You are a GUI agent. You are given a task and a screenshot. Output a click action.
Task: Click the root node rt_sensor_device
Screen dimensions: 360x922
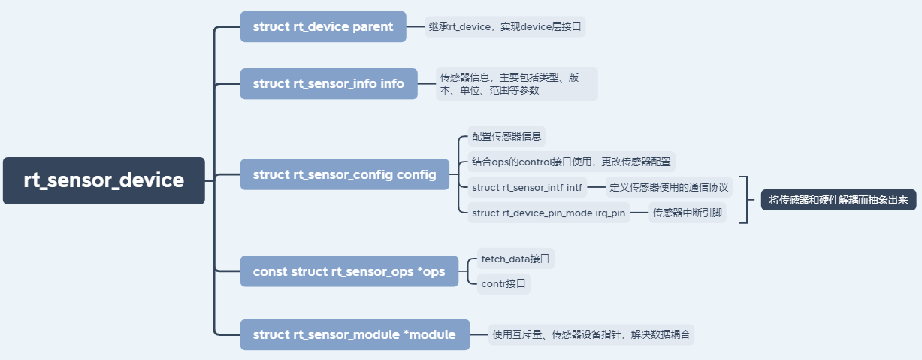pyautogui.click(x=104, y=180)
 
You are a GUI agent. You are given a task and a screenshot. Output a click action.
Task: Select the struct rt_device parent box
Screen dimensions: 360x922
pyautogui.click(x=323, y=27)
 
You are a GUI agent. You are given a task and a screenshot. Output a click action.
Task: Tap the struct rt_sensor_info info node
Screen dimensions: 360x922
pyautogui.click(x=328, y=83)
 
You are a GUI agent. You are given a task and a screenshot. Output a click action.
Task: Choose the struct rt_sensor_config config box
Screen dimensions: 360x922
pyautogui.click(x=344, y=174)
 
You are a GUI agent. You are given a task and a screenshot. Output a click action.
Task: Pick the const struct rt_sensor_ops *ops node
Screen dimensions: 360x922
pyautogui.click(x=349, y=271)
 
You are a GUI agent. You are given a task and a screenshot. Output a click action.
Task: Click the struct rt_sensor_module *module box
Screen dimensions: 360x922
pyautogui.click(x=354, y=334)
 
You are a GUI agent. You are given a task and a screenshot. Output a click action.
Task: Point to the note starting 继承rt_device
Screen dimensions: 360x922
pyautogui.click(x=505, y=27)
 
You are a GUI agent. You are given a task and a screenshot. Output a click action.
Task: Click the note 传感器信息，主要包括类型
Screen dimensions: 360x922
pyautogui.click(x=516, y=83)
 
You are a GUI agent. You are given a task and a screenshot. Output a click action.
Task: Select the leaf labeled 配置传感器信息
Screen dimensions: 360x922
pyautogui.click(x=506, y=136)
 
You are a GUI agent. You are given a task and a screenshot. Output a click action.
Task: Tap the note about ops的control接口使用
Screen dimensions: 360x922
pyautogui.click(x=571, y=162)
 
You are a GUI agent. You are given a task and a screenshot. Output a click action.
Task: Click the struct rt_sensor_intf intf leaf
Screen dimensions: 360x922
pyautogui.click(x=527, y=187)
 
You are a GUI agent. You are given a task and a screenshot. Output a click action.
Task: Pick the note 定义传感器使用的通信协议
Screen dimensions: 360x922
pyautogui.click(x=669, y=187)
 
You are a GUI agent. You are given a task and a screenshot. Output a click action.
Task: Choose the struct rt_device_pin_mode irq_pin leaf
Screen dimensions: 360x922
pyautogui.click(x=549, y=213)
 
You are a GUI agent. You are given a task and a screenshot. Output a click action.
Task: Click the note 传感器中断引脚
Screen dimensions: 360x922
pyautogui.click(x=688, y=213)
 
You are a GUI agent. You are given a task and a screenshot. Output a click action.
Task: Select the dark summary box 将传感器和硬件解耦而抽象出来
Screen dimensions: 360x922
pyautogui.click(x=839, y=200)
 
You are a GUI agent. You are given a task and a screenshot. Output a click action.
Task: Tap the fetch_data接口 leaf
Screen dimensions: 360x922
pyautogui.click(x=515, y=259)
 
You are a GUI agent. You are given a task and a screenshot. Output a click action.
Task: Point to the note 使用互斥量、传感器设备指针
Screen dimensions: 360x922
pyautogui.click(x=591, y=334)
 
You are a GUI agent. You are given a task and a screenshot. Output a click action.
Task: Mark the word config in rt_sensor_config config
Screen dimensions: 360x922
pyautogui.click(x=416, y=174)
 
